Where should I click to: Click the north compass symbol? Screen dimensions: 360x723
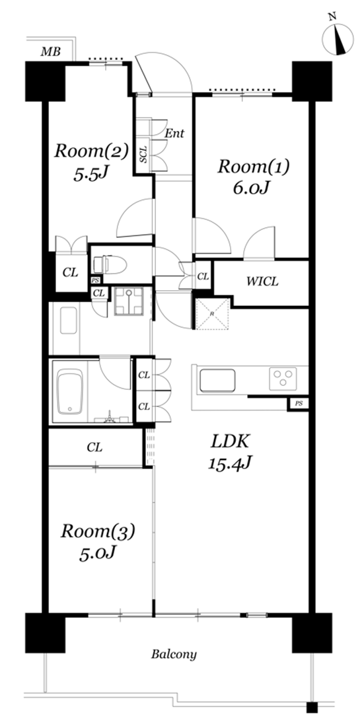[x=338, y=36]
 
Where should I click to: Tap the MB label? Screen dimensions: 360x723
[x=51, y=52]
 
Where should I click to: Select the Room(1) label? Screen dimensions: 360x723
[x=253, y=167]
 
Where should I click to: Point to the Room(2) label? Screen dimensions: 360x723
[x=90, y=151]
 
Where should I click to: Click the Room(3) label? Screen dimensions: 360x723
[x=98, y=531]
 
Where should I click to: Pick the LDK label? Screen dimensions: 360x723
[x=230, y=441]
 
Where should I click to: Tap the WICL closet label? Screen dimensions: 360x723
[x=262, y=282]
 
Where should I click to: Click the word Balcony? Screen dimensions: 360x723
[x=174, y=654]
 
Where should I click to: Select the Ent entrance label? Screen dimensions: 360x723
[x=174, y=133]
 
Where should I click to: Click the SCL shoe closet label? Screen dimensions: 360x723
[x=143, y=155]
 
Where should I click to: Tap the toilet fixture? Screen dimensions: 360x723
[x=110, y=265]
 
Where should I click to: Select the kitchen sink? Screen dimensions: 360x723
[x=217, y=381]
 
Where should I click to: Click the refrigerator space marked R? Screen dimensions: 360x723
[x=213, y=314]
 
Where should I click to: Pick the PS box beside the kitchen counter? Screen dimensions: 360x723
[x=298, y=404]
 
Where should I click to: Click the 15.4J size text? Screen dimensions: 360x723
[x=230, y=463]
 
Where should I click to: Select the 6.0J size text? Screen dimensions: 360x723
[x=252, y=188]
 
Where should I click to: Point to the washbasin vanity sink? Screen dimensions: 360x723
[x=69, y=321]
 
